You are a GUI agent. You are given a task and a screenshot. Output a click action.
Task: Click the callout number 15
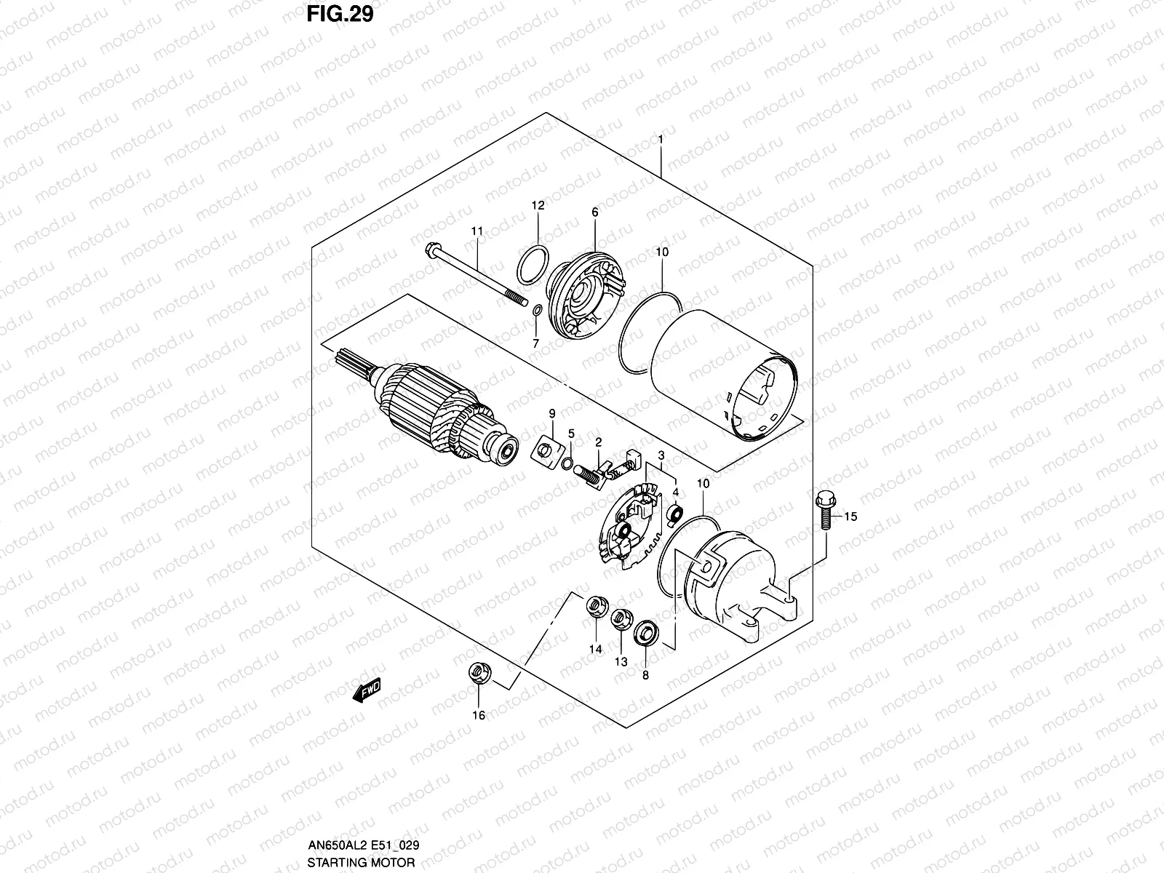pos(851,517)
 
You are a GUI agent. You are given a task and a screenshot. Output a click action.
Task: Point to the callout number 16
pos(478,716)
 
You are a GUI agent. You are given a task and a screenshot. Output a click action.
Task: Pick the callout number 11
pos(477,231)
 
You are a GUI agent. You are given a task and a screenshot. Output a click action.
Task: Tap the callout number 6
pos(594,212)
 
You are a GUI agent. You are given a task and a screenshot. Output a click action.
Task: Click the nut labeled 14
pos(596,606)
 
